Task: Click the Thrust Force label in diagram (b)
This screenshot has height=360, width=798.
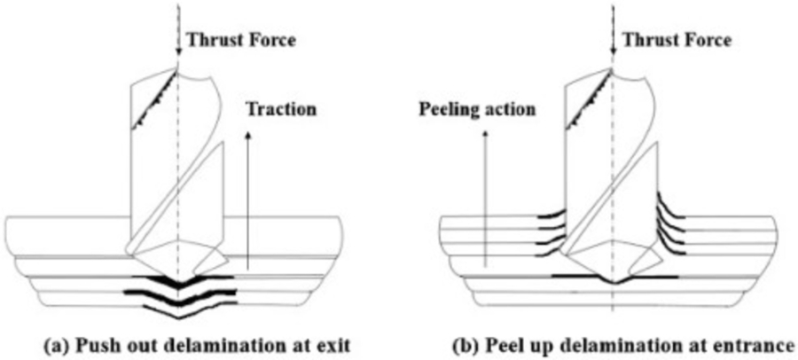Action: coord(677,40)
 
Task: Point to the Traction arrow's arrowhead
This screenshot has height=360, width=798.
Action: coord(247,134)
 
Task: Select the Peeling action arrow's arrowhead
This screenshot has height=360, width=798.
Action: coord(484,135)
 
